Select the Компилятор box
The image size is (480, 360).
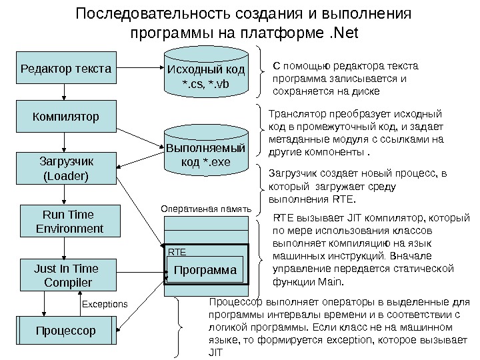[65, 117]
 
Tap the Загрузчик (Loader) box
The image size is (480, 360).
[65, 169]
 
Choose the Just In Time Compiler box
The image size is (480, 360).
[65, 276]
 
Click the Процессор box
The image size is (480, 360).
[65, 330]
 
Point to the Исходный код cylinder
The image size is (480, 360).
[205, 76]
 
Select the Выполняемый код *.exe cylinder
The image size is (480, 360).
[205, 154]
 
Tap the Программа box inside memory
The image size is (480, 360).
[205, 271]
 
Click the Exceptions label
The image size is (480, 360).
[104, 304]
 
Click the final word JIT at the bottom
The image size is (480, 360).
[215, 351]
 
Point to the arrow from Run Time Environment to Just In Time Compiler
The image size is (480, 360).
[65, 249]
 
